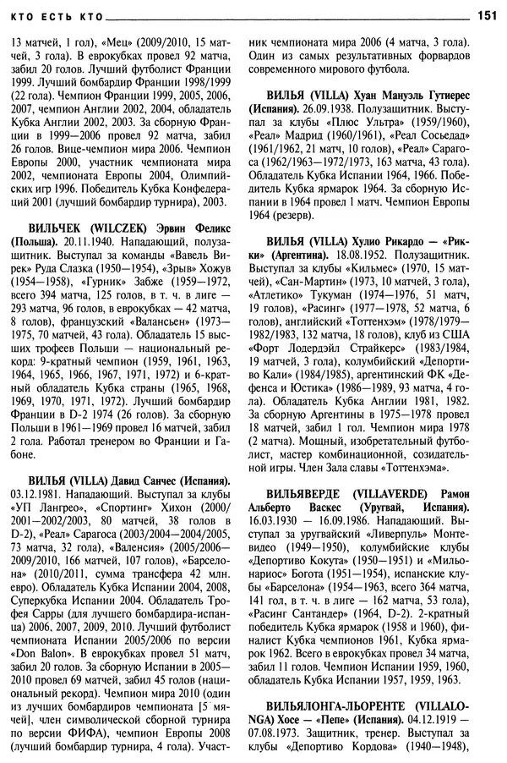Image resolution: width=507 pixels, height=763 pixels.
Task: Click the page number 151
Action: pyautogui.click(x=487, y=14)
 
